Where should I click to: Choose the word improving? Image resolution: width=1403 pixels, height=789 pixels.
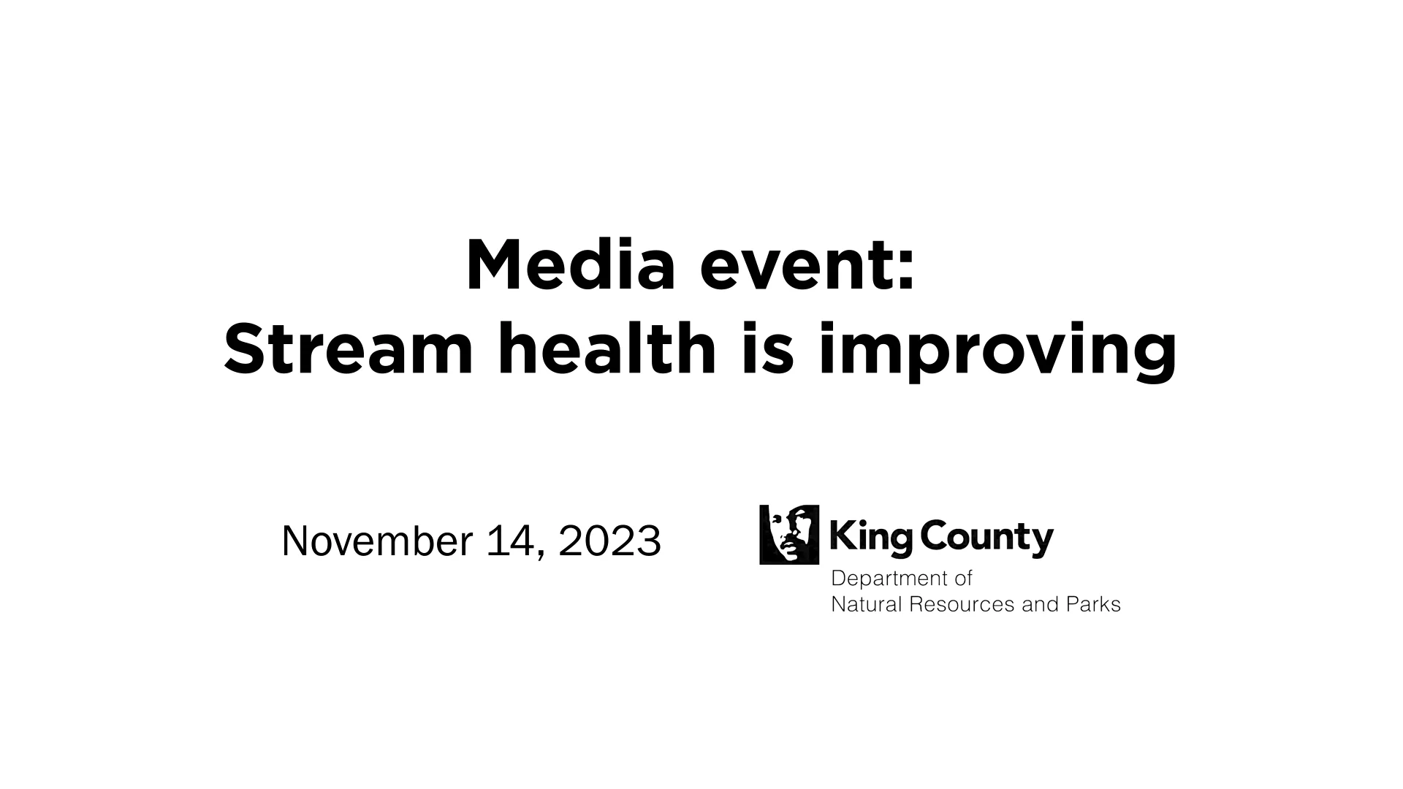pyautogui.click(x=997, y=352)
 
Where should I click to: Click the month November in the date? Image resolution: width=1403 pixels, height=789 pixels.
pyautogui.click(x=377, y=541)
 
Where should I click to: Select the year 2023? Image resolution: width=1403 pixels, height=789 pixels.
pyautogui.click(x=610, y=541)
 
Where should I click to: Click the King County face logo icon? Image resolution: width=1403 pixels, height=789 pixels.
pyautogui.click(x=789, y=534)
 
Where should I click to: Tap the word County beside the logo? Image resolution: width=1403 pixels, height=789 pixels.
pyautogui.click(x=986, y=539)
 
